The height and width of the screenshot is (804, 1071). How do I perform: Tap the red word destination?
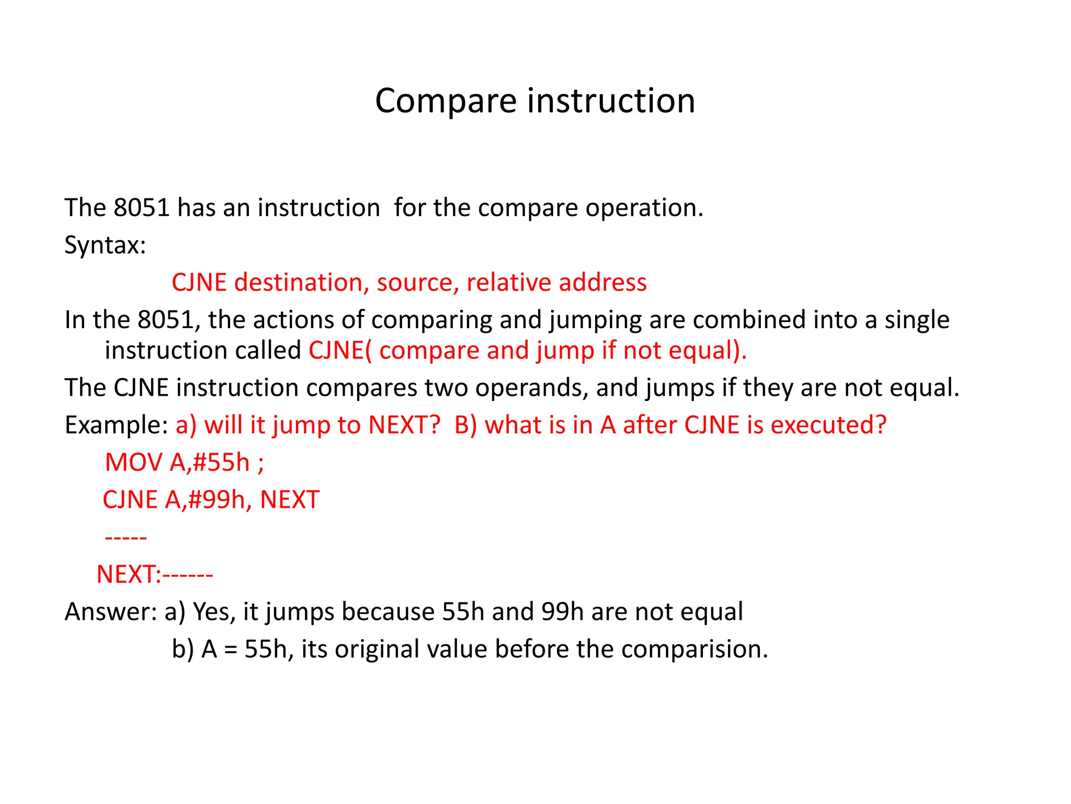click(x=298, y=283)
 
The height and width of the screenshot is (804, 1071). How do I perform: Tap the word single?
click(x=917, y=320)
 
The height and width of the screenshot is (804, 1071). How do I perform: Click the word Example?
click(x=116, y=426)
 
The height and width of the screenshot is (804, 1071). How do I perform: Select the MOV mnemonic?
click(x=134, y=463)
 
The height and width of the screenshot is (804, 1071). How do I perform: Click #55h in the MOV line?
click(x=221, y=463)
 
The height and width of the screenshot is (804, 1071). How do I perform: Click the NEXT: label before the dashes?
click(x=129, y=575)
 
